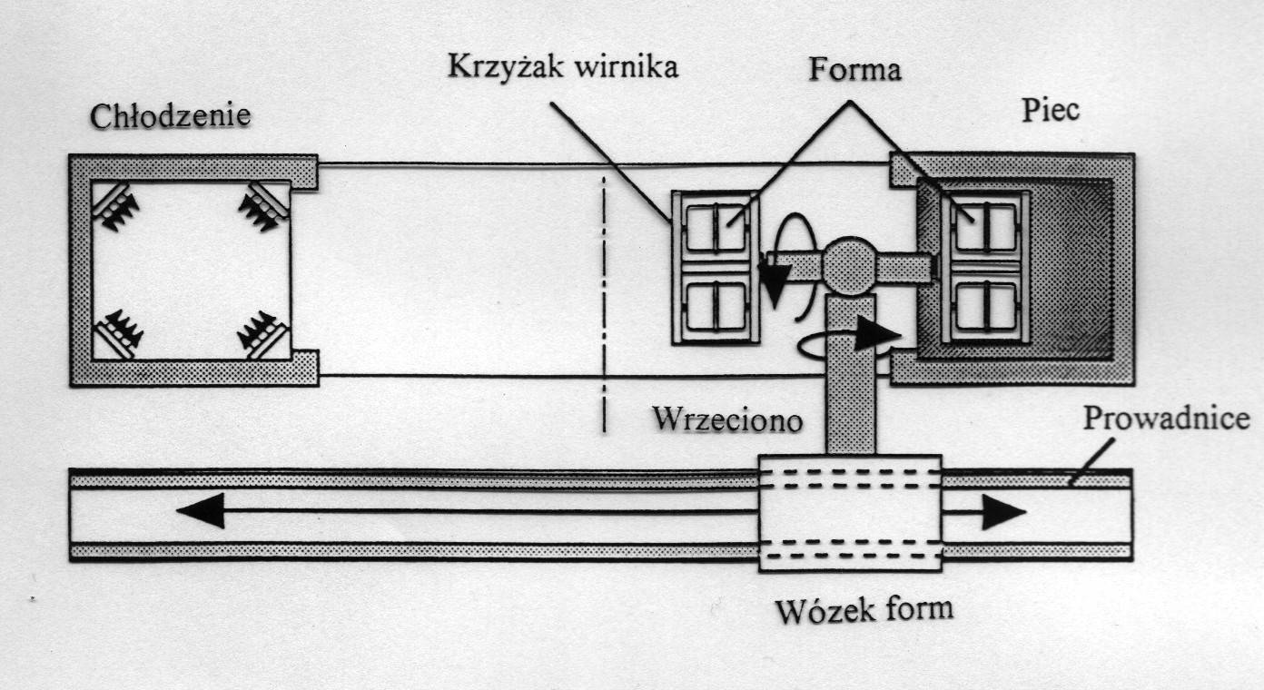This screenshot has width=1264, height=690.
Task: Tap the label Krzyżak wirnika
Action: pos(561,67)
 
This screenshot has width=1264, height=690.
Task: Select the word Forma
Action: pos(856,69)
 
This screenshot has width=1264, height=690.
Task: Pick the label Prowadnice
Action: pos(1167,420)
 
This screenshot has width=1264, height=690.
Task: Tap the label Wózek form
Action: pos(864,607)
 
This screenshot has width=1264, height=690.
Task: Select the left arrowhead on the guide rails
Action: pos(199,512)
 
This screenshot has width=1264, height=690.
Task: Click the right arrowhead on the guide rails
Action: pos(1003,513)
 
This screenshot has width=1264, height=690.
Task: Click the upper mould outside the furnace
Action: pos(715,228)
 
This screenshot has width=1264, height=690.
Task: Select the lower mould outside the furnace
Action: pos(715,306)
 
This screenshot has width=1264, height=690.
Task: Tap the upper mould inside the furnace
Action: pos(985,226)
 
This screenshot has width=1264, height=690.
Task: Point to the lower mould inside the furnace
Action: pos(985,306)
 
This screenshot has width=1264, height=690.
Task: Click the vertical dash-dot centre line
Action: pos(603,300)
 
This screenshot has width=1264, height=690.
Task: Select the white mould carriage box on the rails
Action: pos(850,513)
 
